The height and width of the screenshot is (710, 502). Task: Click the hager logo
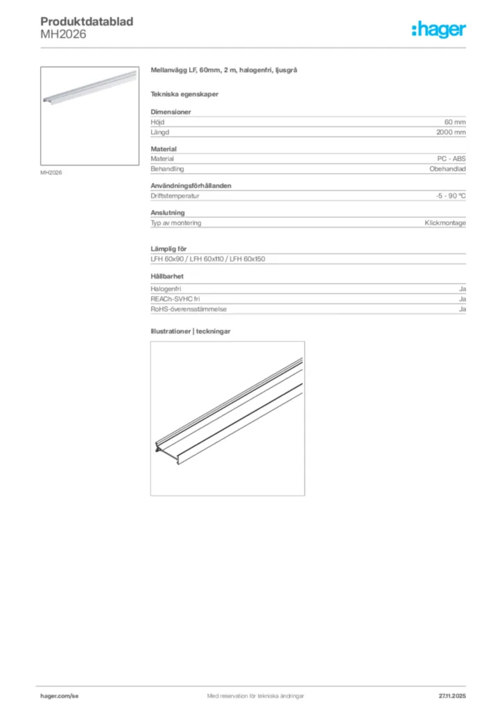438,29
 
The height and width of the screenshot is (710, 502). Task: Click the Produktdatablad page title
87,22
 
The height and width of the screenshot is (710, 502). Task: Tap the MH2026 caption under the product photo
51,173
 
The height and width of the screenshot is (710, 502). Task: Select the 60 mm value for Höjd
455,122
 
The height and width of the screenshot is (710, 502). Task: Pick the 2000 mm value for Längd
451,132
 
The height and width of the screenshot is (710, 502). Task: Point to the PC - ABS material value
451,159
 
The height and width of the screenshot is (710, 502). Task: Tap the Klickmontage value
445,223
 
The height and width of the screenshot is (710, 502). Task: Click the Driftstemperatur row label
175,196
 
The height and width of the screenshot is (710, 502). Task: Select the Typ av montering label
176,223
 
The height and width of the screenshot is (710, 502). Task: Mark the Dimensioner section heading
171,112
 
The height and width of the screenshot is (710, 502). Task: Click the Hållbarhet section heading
167,276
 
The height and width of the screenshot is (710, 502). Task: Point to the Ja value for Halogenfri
462,288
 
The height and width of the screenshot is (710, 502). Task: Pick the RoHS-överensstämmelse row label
189,309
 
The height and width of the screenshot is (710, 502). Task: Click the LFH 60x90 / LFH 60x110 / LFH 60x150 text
208,259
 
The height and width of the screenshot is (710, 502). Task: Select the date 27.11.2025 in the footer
452,695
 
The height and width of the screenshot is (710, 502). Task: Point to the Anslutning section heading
168,213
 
